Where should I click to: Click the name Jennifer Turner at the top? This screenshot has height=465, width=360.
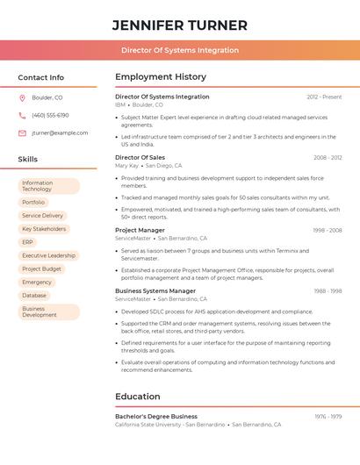pyautogui.click(x=180, y=25)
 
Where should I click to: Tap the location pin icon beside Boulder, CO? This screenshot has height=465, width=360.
pyautogui.click(x=22, y=97)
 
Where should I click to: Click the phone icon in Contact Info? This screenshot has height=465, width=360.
pyautogui.click(x=22, y=115)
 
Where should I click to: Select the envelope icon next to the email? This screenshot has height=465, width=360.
pyautogui.click(x=22, y=133)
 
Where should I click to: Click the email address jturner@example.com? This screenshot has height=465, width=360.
pyautogui.click(x=60, y=133)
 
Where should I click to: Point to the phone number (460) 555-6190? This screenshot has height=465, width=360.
pyautogui.click(x=50, y=115)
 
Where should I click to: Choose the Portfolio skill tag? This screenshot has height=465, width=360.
pyautogui.click(x=33, y=202)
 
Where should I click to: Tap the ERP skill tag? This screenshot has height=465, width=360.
pyautogui.click(x=28, y=242)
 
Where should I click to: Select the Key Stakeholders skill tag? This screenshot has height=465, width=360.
pyautogui.click(x=44, y=229)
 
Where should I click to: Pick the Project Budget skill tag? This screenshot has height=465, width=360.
pyautogui.click(x=42, y=268)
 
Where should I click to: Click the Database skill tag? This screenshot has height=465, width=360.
pyautogui.click(x=34, y=296)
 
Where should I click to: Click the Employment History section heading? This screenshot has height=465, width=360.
pyautogui.click(x=161, y=77)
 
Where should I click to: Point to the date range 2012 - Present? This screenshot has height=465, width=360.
pyautogui.click(x=324, y=97)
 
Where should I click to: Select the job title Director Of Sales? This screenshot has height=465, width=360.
pyautogui.click(x=140, y=158)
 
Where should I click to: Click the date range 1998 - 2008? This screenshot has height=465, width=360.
pyautogui.click(x=327, y=231)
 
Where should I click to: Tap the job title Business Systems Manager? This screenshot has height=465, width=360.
pyautogui.click(x=155, y=290)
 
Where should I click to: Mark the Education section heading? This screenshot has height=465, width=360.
pyautogui.click(x=138, y=397)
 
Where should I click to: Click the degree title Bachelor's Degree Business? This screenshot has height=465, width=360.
pyautogui.click(x=156, y=417)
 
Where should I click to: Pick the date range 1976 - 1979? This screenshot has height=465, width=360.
pyautogui.click(x=328, y=417)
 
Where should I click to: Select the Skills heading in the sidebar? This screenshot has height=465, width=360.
pyautogui.click(x=27, y=160)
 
